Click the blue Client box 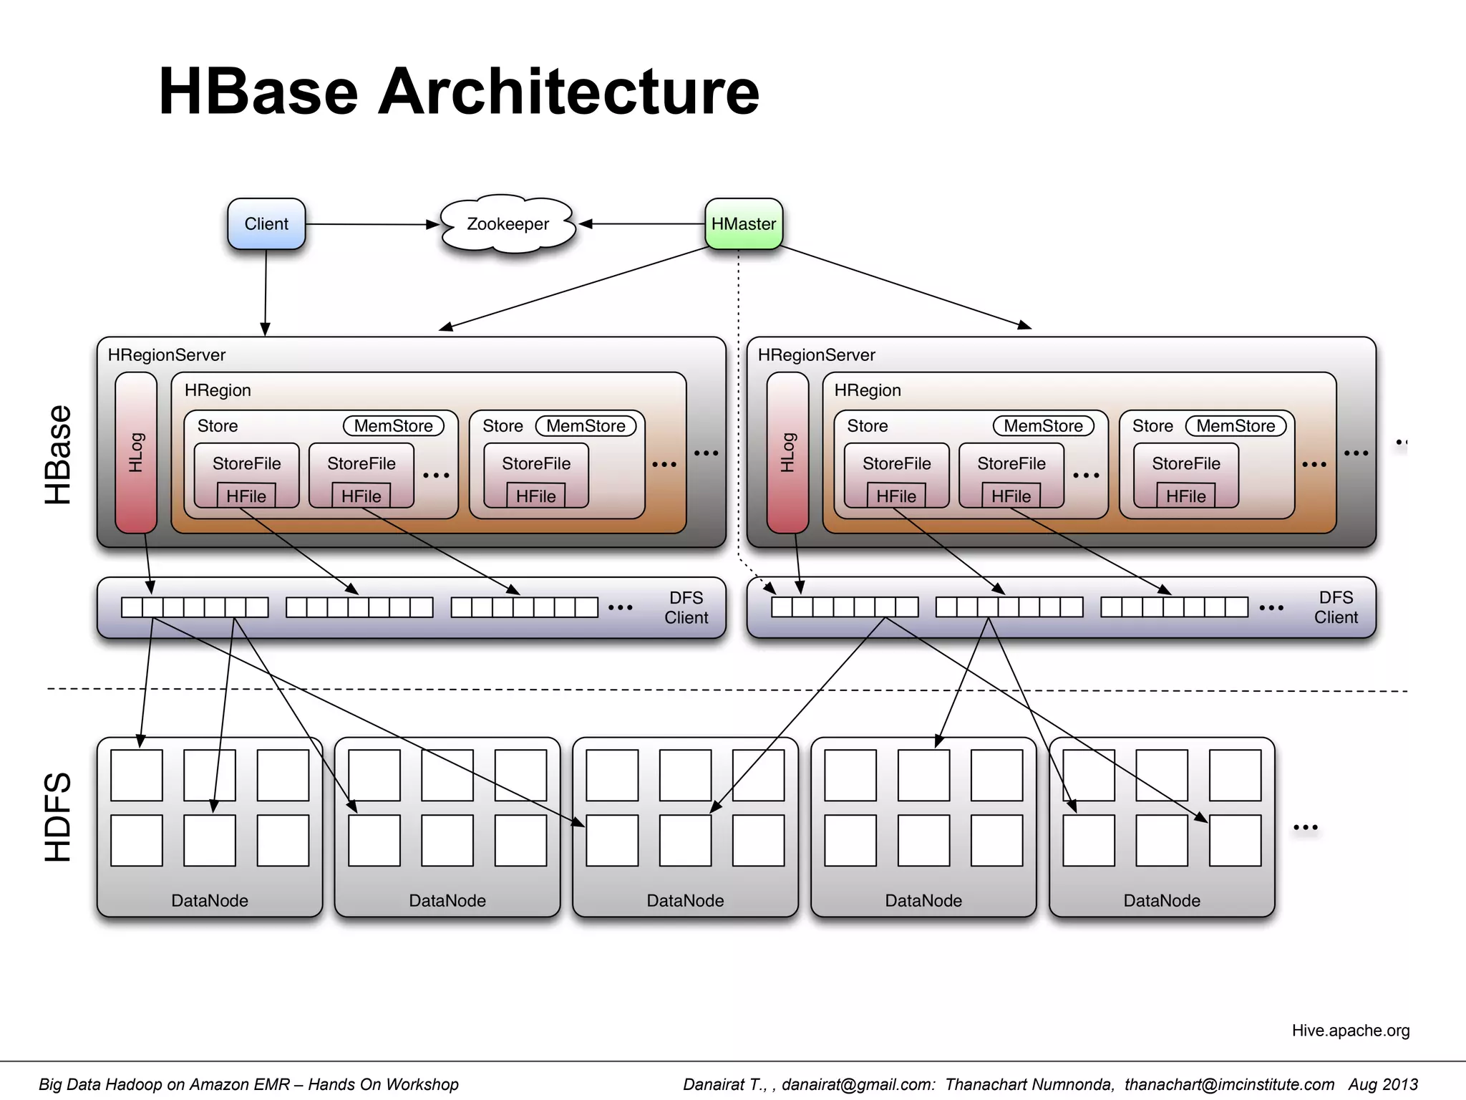pos(266,224)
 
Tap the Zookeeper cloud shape pos(508,224)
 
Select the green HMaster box pos(744,224)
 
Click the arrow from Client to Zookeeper pos(372,224)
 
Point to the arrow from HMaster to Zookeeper pos(644,224)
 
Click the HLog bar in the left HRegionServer pos(136,453)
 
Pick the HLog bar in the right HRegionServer pos(787,453)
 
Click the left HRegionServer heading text pos(166,355)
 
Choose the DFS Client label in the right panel pos(1336,607)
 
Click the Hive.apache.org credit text pos(1350,1031)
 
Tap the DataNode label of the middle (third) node pos(685,901)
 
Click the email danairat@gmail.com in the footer pos(858,1084)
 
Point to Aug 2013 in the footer pos(1383,1084)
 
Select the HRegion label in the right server pos(867,390)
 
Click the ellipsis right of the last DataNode pos(1305,828)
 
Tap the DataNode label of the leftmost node pos(209,901)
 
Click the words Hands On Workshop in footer pos(383,1084)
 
